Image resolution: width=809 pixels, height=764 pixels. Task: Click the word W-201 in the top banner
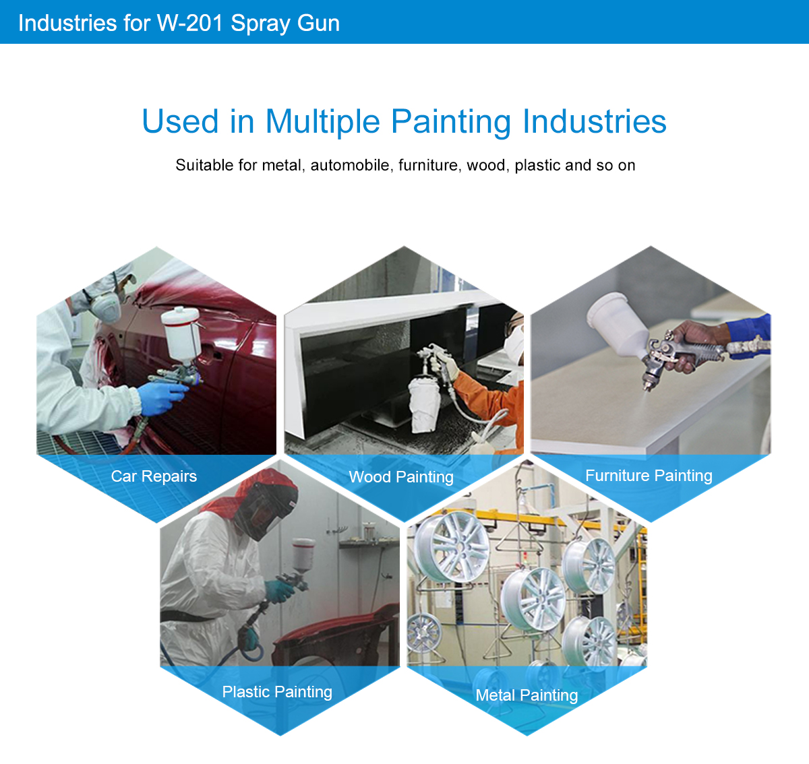[190, 23]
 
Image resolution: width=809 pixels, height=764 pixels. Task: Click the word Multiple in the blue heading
[323, 121]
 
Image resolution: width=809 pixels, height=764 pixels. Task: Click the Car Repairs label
[154, 476]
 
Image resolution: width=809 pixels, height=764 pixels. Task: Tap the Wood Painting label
[401, 477]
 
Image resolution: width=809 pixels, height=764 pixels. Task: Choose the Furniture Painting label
[649, 476]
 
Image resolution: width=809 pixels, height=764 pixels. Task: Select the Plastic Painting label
[277, 692]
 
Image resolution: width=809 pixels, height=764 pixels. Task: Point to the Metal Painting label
[527, 695]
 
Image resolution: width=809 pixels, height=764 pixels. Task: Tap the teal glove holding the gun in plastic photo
[280, 591]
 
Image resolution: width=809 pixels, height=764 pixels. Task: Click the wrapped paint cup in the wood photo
[425, 403]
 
